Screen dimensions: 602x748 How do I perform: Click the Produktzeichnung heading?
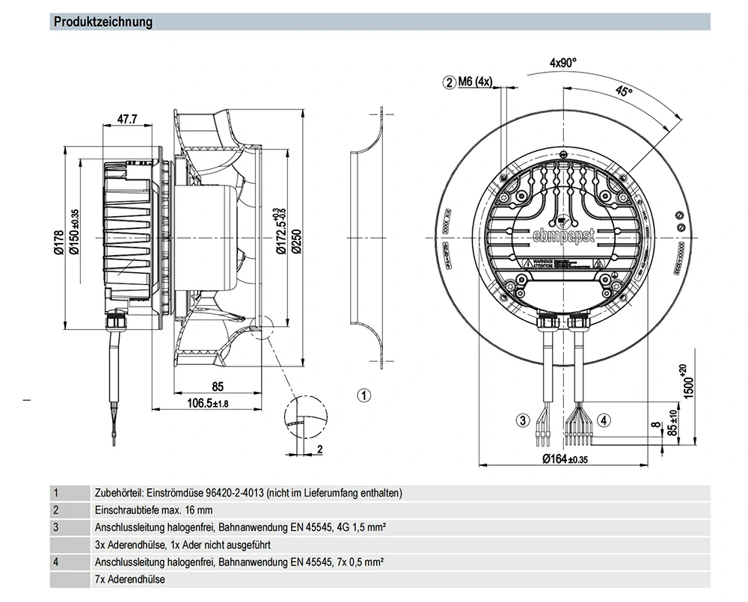pyautogui.click(x=103, y=22)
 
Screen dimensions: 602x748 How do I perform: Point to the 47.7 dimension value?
pyautogui.click(x=127, y=119)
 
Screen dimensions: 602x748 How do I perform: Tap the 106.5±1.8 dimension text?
pyautogui.click(x=197, y=404)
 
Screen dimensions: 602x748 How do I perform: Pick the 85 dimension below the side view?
pyautogui.click(x=218, y=387)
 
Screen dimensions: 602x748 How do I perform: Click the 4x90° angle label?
pyautogui.click(x=563, y=64)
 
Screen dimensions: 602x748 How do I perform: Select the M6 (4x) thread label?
pyautogui.click(x=474, y=82)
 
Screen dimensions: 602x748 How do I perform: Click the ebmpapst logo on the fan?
pyautogui.click(x=564, y=236)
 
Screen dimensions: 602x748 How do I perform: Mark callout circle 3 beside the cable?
pyautogui.click(x=523, y=420)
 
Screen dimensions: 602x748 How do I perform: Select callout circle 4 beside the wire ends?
pyautogui.click(x=604, y=420)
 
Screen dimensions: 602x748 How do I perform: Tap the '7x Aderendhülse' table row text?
pyautogui.click(x=130, y=579)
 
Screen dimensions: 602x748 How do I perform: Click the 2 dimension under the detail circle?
pyautogui.click(x=319, y=449)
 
